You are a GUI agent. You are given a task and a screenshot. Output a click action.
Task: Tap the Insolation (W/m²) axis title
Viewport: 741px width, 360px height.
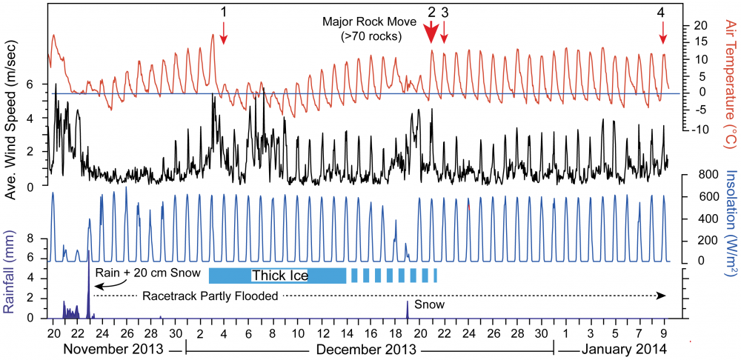(x=729, y=223)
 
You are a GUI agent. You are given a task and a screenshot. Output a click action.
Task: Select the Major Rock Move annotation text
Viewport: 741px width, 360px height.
(x=362, y=28)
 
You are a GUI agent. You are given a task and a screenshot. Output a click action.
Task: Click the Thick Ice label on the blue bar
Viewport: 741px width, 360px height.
(x=279, y=276)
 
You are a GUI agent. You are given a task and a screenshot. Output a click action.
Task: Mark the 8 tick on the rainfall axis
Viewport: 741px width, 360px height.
(x=31, y=239)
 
